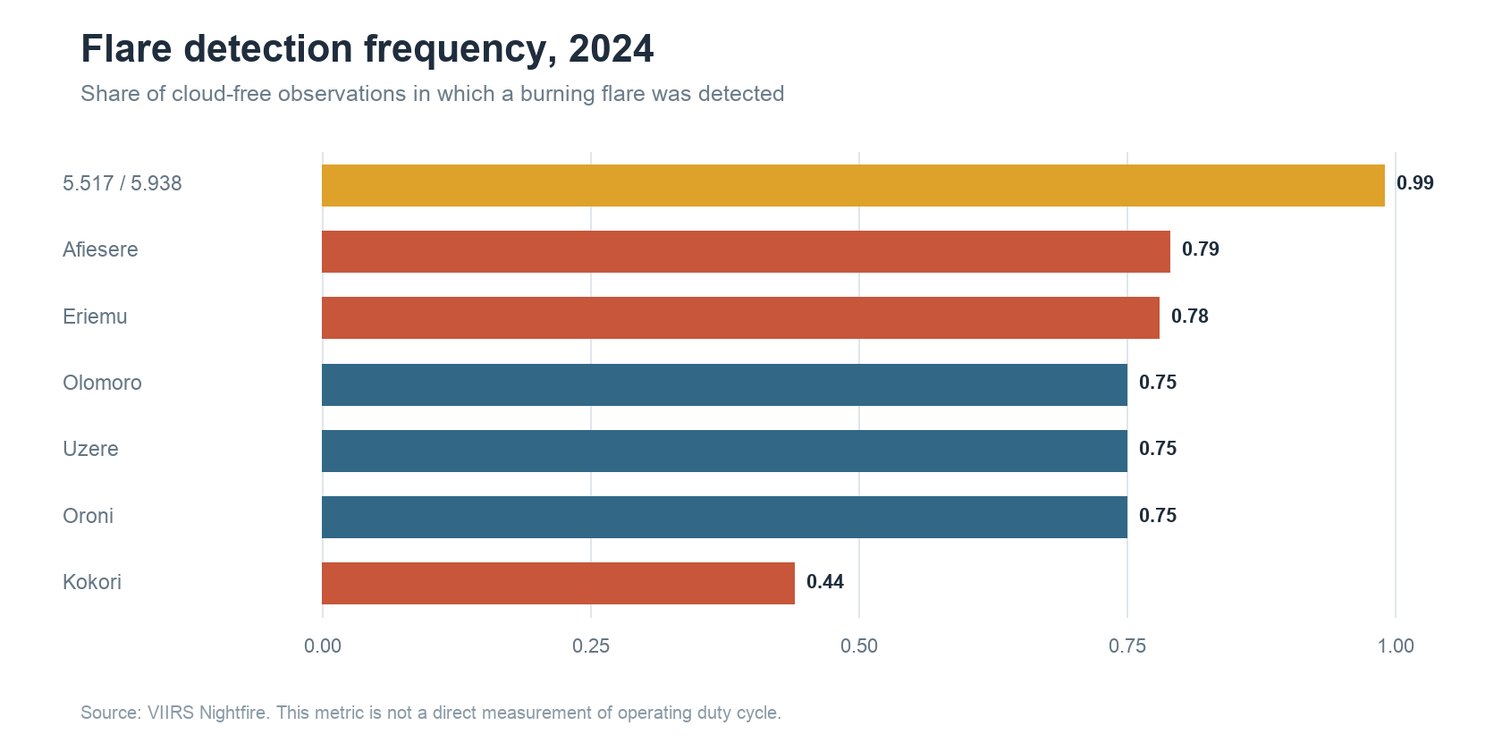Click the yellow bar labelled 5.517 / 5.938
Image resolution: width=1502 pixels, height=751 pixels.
(x=853, y=185)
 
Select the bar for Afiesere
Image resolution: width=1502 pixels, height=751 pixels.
(x=746, y=251)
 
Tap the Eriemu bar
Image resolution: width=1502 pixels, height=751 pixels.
(x=740, y=318)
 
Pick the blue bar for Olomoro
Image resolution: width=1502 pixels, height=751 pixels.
(x=724, y=384)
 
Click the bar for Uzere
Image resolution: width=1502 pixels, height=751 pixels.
(x=724, y=451)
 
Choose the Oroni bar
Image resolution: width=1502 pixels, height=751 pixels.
(x=724, y=517)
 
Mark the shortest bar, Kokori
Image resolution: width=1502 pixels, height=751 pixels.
(x=558, y=583)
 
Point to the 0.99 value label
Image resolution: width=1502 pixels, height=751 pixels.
(x=1414, y=183)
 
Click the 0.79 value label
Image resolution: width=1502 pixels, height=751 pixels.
(x=1200, y=249)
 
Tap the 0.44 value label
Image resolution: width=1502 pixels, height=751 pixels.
(x=824, y=582)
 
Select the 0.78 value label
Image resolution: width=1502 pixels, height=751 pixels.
(x=1189, y=316)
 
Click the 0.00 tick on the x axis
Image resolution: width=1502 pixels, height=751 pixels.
(x=323, y=646)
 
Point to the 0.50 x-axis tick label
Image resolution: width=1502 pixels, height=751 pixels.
(x=859, y=646)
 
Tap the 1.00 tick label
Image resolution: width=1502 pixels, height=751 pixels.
(x=1396, y=646)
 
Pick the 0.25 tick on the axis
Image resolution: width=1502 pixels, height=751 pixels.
(x=591, y=646)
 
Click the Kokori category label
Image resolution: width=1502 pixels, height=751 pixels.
(x=92, y=582)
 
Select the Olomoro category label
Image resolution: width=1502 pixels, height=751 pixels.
(x=102, y=383)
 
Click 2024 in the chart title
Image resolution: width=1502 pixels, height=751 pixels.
(x=611, y=49)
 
